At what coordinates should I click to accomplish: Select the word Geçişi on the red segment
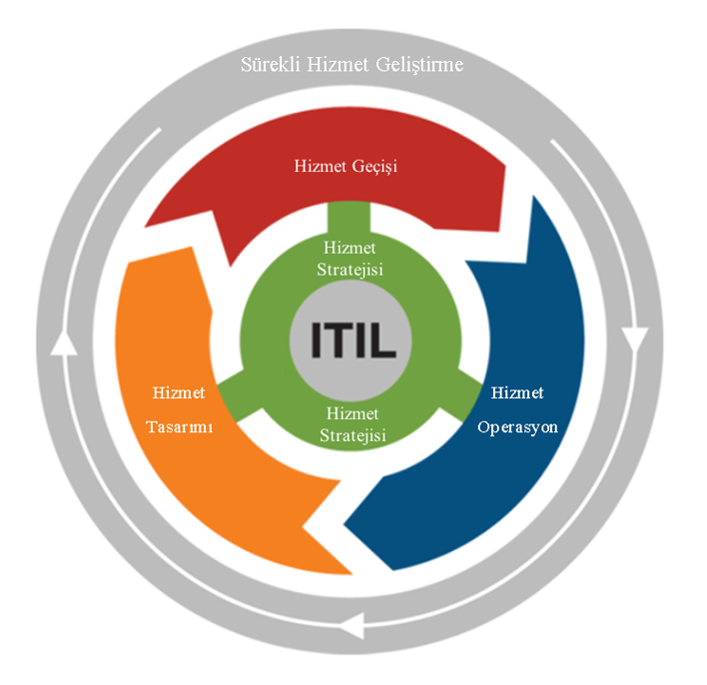373,166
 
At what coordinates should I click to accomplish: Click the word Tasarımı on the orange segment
181,425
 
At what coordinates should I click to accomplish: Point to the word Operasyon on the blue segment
517,426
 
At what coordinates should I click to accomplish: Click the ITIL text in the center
353,340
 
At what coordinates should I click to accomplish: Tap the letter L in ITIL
384,340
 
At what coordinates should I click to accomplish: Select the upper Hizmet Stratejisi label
351,258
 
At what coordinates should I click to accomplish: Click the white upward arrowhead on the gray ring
63,342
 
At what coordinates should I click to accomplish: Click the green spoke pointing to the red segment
351,216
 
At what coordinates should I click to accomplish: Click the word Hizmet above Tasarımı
181,392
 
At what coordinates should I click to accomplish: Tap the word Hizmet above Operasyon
517,392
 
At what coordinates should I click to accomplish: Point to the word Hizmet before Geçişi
320,166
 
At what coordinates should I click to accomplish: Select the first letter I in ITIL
317,340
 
